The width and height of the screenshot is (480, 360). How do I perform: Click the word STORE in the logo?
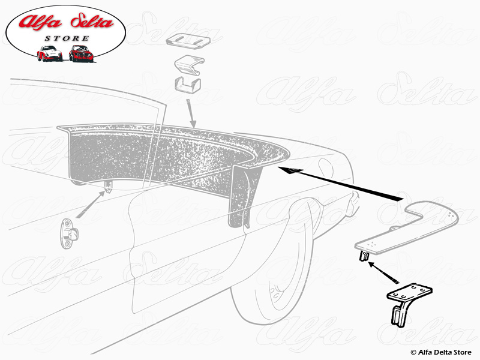[x=67, y=38]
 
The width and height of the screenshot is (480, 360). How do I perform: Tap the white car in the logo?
[x=50, y=53]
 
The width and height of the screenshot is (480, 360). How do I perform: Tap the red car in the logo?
[x=81, y=53]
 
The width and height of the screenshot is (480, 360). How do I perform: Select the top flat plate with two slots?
[x=188, y=40]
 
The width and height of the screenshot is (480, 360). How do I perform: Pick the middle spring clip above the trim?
[x=189, y=65]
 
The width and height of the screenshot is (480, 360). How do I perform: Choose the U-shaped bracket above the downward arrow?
[x=188, y=85]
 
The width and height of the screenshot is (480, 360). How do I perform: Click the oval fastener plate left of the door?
[x=68, y=233]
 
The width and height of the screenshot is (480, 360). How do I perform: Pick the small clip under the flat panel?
[x=364, y=256]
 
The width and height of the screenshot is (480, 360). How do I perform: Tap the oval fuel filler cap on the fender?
[x=325, y=167]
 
